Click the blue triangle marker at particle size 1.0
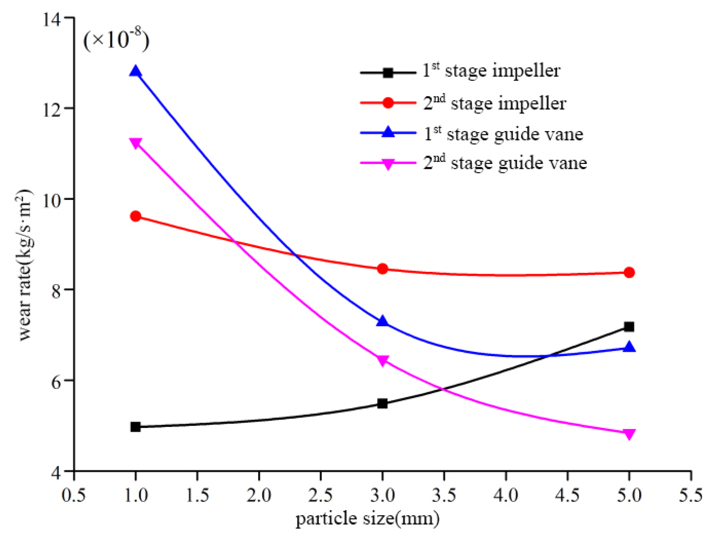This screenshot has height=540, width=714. pos(135,72)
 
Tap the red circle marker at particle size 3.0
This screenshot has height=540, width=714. pos(382,269)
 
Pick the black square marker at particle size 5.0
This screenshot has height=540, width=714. pos(629,327)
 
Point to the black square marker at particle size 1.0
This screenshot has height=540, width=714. pos(135,427)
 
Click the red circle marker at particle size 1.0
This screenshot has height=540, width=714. pos(135,216)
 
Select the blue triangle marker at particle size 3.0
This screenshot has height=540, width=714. pos(382,321)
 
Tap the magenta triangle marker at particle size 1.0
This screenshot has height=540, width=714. pos(135,143)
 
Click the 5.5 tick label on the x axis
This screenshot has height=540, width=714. pos(690,495)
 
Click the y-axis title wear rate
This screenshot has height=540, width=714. pos(25,264)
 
